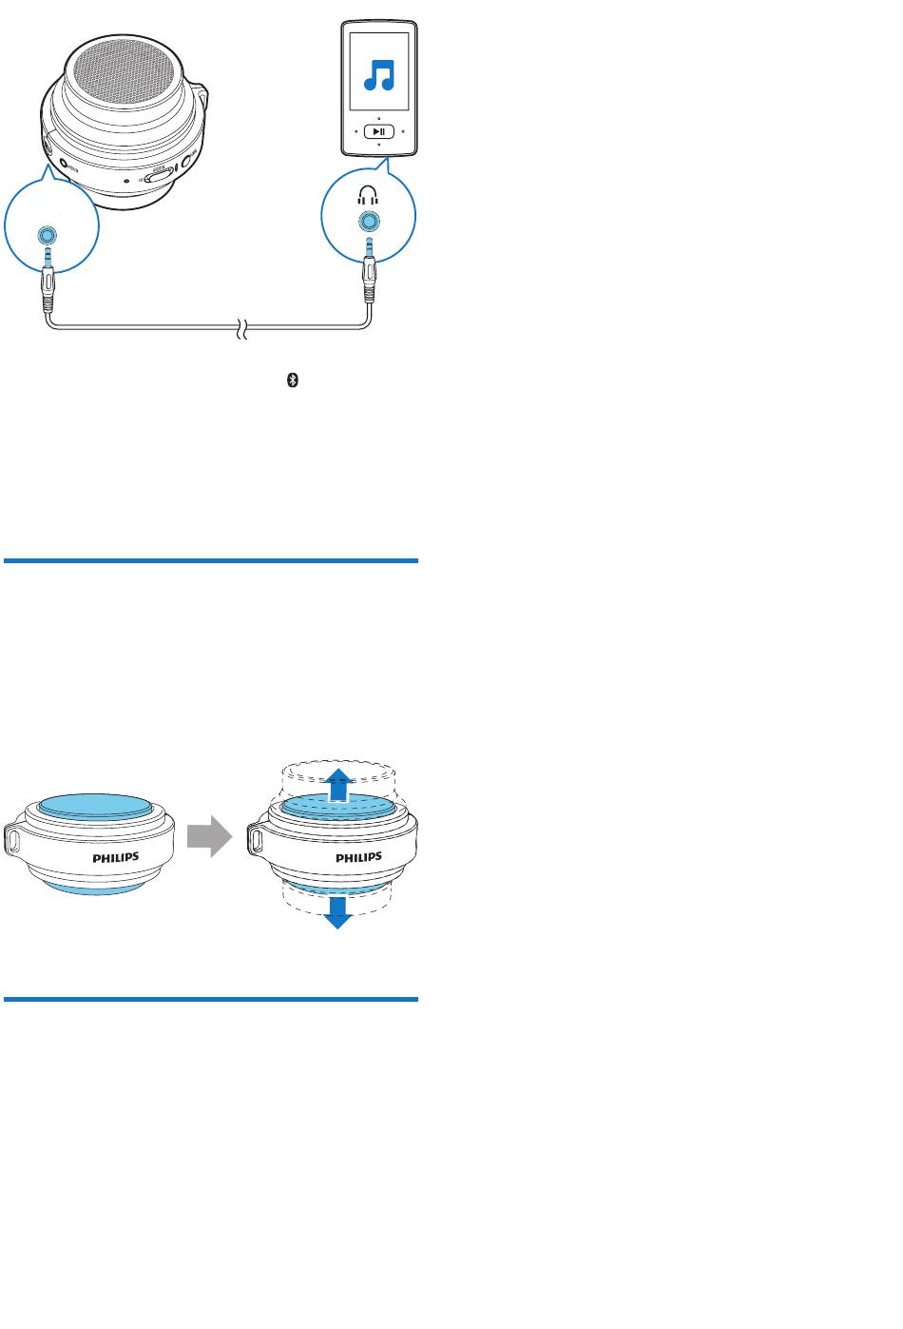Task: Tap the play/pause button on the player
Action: click(x=378, y=131)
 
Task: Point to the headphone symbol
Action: click(x=368, y=196)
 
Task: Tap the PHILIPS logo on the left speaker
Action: click(x=116, y=856)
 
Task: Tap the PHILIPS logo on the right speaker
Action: click(x=359, y=857)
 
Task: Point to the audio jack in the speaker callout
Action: click(x=46, y=235)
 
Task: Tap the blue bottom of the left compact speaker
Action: click(x=90, y=888)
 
